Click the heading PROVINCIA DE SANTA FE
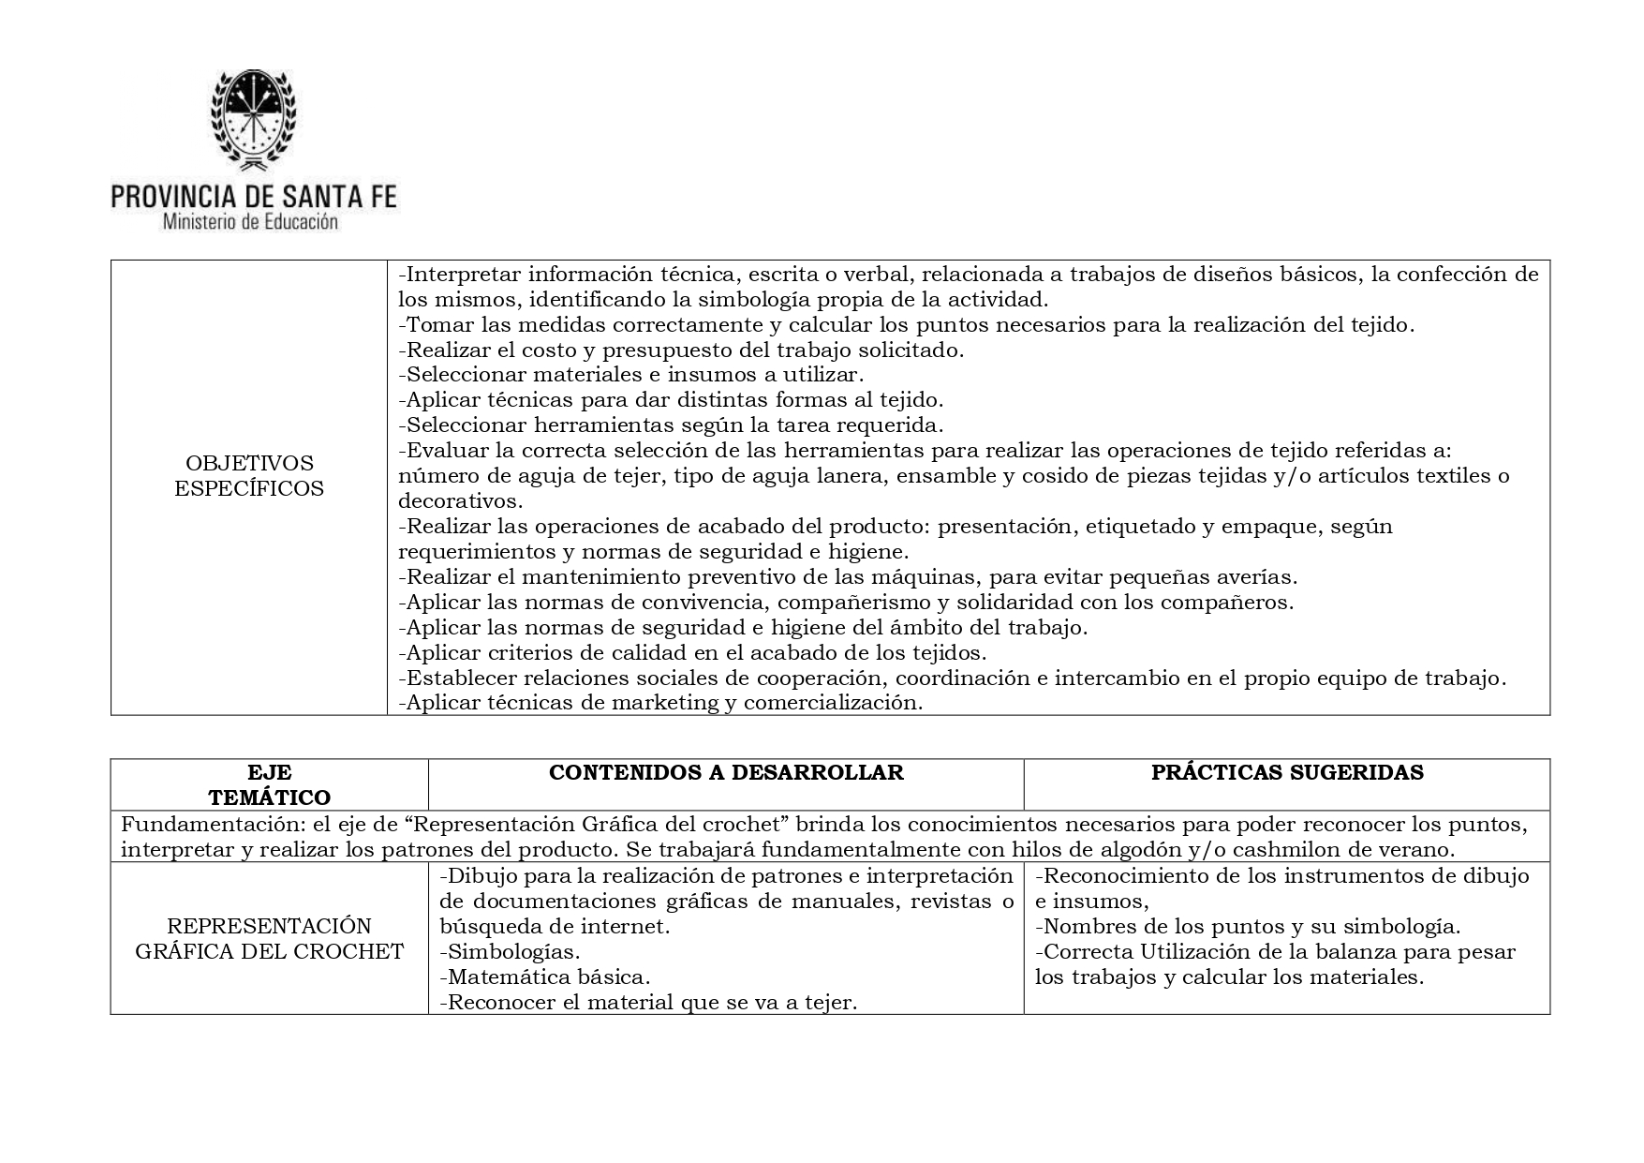[253, 196]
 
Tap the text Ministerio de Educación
[250, 223]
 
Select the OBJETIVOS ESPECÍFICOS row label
[249, 476]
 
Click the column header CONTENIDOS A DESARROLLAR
[726, 772]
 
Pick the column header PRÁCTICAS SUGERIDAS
[1287, 772]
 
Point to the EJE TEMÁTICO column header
[269, 785]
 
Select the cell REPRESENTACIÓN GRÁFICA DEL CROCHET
[269, 939]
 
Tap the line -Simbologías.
[510, 952]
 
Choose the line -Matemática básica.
[544, 977]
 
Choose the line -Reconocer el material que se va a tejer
[648, 1003]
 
